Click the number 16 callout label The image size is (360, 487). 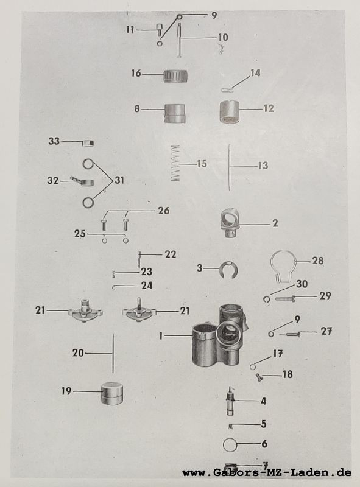click(136, 73)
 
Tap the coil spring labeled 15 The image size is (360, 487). click(175, 163)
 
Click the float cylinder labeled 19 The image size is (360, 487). click(112, 393)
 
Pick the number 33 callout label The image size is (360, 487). click(54, 141)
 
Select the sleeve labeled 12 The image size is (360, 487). click(229, 112)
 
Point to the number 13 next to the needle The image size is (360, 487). click(263, 165)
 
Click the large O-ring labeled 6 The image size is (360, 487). click(230, 445)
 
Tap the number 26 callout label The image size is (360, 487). click(163, 211)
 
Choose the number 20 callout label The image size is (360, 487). click(78, 353)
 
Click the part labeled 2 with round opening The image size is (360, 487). click(230, 223)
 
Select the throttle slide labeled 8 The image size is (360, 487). click(175, 114)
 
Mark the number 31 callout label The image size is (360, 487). click(119, 180)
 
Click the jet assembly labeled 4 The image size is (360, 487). click(231, 401)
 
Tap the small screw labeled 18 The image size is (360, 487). click(259, 377)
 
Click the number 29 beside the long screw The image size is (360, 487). click(325, 296)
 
